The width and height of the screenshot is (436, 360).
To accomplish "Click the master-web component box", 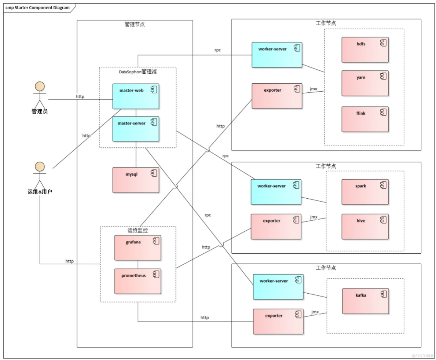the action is [136, 96].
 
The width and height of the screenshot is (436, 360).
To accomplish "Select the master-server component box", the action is [136, 129].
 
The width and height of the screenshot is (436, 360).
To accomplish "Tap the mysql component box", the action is [136, 180].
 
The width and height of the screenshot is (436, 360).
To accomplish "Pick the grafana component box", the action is [138, 248].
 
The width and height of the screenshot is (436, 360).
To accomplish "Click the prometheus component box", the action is [138, 281].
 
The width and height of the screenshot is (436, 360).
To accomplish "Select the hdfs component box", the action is [365, 50].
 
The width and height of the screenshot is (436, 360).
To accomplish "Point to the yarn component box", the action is [365, 83].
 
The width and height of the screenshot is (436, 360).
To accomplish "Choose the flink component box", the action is [365, 119].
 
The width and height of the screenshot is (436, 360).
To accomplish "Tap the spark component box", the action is [365, 192].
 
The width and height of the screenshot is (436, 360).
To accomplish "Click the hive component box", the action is [365, 227].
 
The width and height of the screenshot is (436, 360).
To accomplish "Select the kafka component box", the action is [365, 301].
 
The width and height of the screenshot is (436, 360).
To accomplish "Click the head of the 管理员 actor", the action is [40, 87].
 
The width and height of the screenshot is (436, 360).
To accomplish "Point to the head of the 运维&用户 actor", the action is [40, 167].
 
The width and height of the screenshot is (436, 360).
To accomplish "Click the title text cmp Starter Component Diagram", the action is [37, 8].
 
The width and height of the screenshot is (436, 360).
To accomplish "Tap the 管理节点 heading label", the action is [135, 25].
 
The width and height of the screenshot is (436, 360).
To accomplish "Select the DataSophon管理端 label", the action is [138, 72].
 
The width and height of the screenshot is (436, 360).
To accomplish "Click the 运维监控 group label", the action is [138, 231].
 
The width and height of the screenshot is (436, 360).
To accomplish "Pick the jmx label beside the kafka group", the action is [315, 312].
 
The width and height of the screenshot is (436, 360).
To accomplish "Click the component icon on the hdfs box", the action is [383, 43].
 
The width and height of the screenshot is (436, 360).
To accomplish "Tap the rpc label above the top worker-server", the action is [217, 50].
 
